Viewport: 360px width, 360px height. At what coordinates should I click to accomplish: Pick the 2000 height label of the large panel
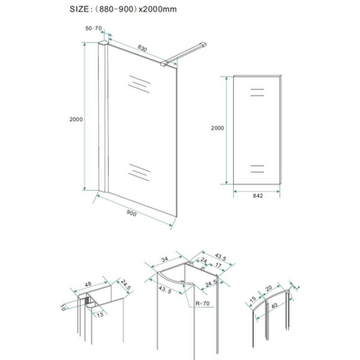[x=75, y=117]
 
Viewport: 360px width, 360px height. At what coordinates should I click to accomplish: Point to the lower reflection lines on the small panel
[x=256, y=166]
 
